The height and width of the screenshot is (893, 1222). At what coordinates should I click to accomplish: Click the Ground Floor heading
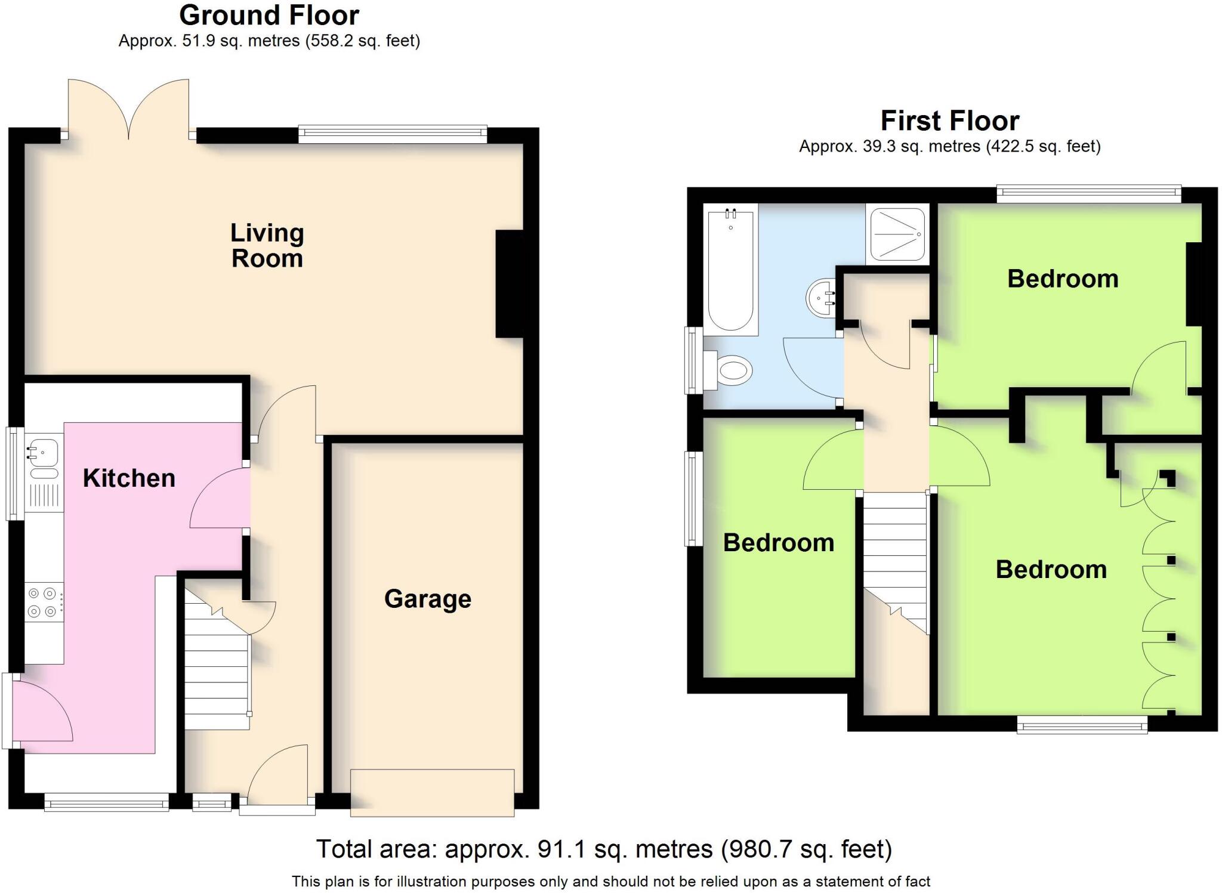(269, 16)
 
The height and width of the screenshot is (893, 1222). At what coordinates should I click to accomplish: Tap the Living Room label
(267, 246)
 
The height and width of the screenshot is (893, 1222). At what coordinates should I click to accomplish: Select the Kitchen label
(129, 478)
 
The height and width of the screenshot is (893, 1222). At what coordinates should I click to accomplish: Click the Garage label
(427, 599)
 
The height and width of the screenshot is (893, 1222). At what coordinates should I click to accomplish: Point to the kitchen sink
(44, 452)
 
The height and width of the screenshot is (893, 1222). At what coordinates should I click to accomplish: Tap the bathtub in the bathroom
(730, 268)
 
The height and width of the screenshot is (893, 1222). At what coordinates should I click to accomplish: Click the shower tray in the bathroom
(897, 234)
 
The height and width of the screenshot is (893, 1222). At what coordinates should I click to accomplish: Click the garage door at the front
(432, 793)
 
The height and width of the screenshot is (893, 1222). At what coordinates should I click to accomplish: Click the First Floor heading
(949, 121)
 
